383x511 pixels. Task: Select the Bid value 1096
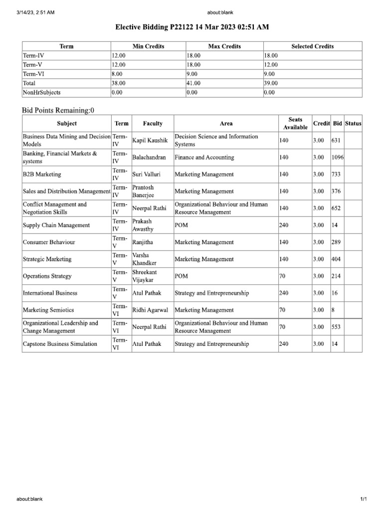coord(338,157)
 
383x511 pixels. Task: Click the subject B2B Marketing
coord(42,174)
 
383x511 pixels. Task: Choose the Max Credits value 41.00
coord(193,83)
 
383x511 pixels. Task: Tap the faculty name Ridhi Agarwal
coord(150,310)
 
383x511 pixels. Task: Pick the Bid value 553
coord(336,327)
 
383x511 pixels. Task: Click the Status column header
coord(353,123)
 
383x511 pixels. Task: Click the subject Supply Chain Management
coord(56,225)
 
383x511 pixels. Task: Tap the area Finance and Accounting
coord(204,157)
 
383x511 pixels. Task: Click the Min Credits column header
coord(148,46)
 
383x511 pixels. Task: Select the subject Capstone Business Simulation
coord(60,344)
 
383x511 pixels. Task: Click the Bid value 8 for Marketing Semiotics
coord(333,310)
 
